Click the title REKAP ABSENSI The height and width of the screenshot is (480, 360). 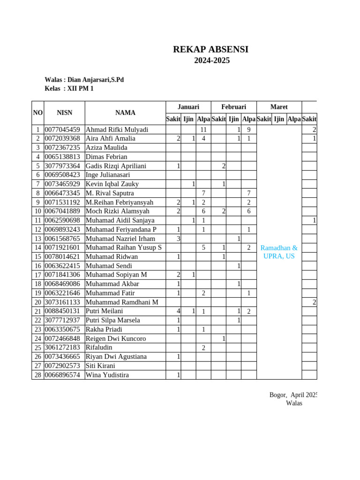(x=210, y=50)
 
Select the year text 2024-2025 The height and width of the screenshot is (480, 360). (x=212, y=60)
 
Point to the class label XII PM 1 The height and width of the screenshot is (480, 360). (x=80, y=89)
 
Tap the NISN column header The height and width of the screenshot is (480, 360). (x=64, y=112)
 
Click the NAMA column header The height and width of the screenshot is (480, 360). (x=125, y=112)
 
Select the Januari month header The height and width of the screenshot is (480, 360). (x=188, y=107)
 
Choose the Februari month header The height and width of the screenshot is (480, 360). (x=233, y=107)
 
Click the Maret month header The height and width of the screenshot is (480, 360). (x=279, y=107)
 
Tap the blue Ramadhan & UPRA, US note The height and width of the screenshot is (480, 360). (x=279, y=252)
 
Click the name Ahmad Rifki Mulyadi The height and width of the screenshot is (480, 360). (x=117, y=130)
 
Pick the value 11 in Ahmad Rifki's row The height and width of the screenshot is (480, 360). (x=203, y=130)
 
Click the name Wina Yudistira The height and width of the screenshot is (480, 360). (x=107, y=375)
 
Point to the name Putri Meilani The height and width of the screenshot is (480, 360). (x=104, y=311)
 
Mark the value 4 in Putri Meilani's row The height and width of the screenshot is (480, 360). (x=178, y=311)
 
